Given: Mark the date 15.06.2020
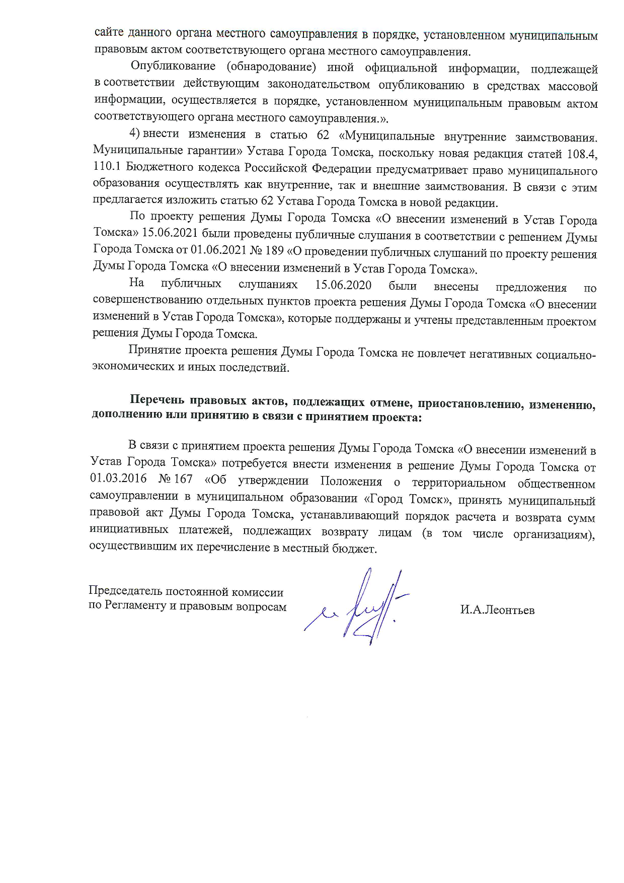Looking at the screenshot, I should click(343, 286).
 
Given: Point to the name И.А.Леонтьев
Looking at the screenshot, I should click(497, 610).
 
